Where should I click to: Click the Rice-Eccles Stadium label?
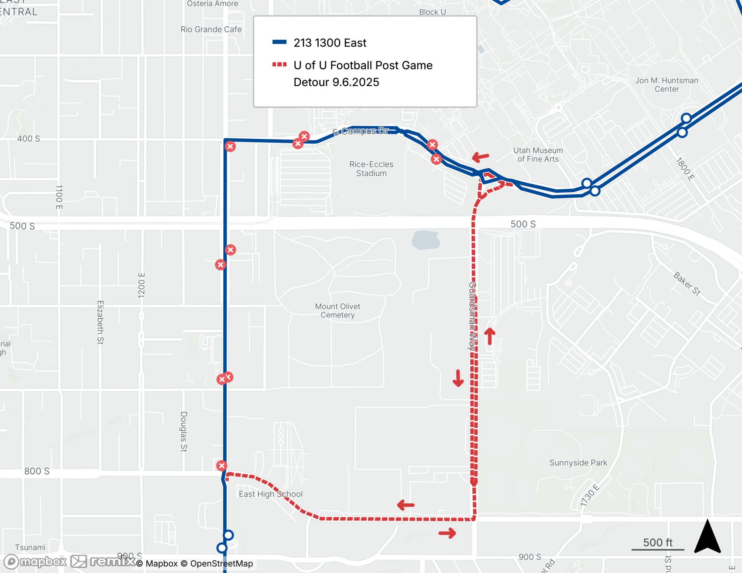(x=371, y=169)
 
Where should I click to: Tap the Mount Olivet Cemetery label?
(x=337, y=311)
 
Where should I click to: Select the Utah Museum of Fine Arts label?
(x=538, y=155)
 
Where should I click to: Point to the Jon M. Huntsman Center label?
(x=666, y=85)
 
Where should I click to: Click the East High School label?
(x=270, y=494)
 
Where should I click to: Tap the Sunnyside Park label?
(x=578, y=463)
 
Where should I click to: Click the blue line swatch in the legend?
(x=279, y=42)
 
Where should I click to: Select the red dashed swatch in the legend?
(x=279, y=65)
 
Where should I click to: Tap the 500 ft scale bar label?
(x=657, y=543)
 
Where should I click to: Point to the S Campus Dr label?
(x=361, y=131)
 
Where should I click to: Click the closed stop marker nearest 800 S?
(x=221, y=466)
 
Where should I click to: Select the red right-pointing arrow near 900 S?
(x=447, y=533)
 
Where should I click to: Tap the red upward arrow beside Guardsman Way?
(x=490, y=336)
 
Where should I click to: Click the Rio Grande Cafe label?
(x=211, y=29)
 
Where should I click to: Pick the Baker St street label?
(x=687, y=284)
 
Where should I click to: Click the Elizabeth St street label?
(x=100, y=322)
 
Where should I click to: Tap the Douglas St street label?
(x=184, y=431)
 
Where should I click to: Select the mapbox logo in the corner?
(x=36, y=562)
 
